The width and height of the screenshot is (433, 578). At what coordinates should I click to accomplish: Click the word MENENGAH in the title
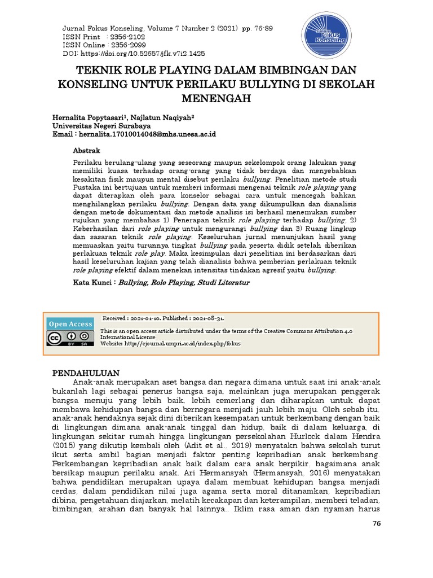(216, 99)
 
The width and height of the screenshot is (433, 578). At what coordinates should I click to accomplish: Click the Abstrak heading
(87, 151)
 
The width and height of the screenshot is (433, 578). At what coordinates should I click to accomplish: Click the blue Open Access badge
(70, 324)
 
